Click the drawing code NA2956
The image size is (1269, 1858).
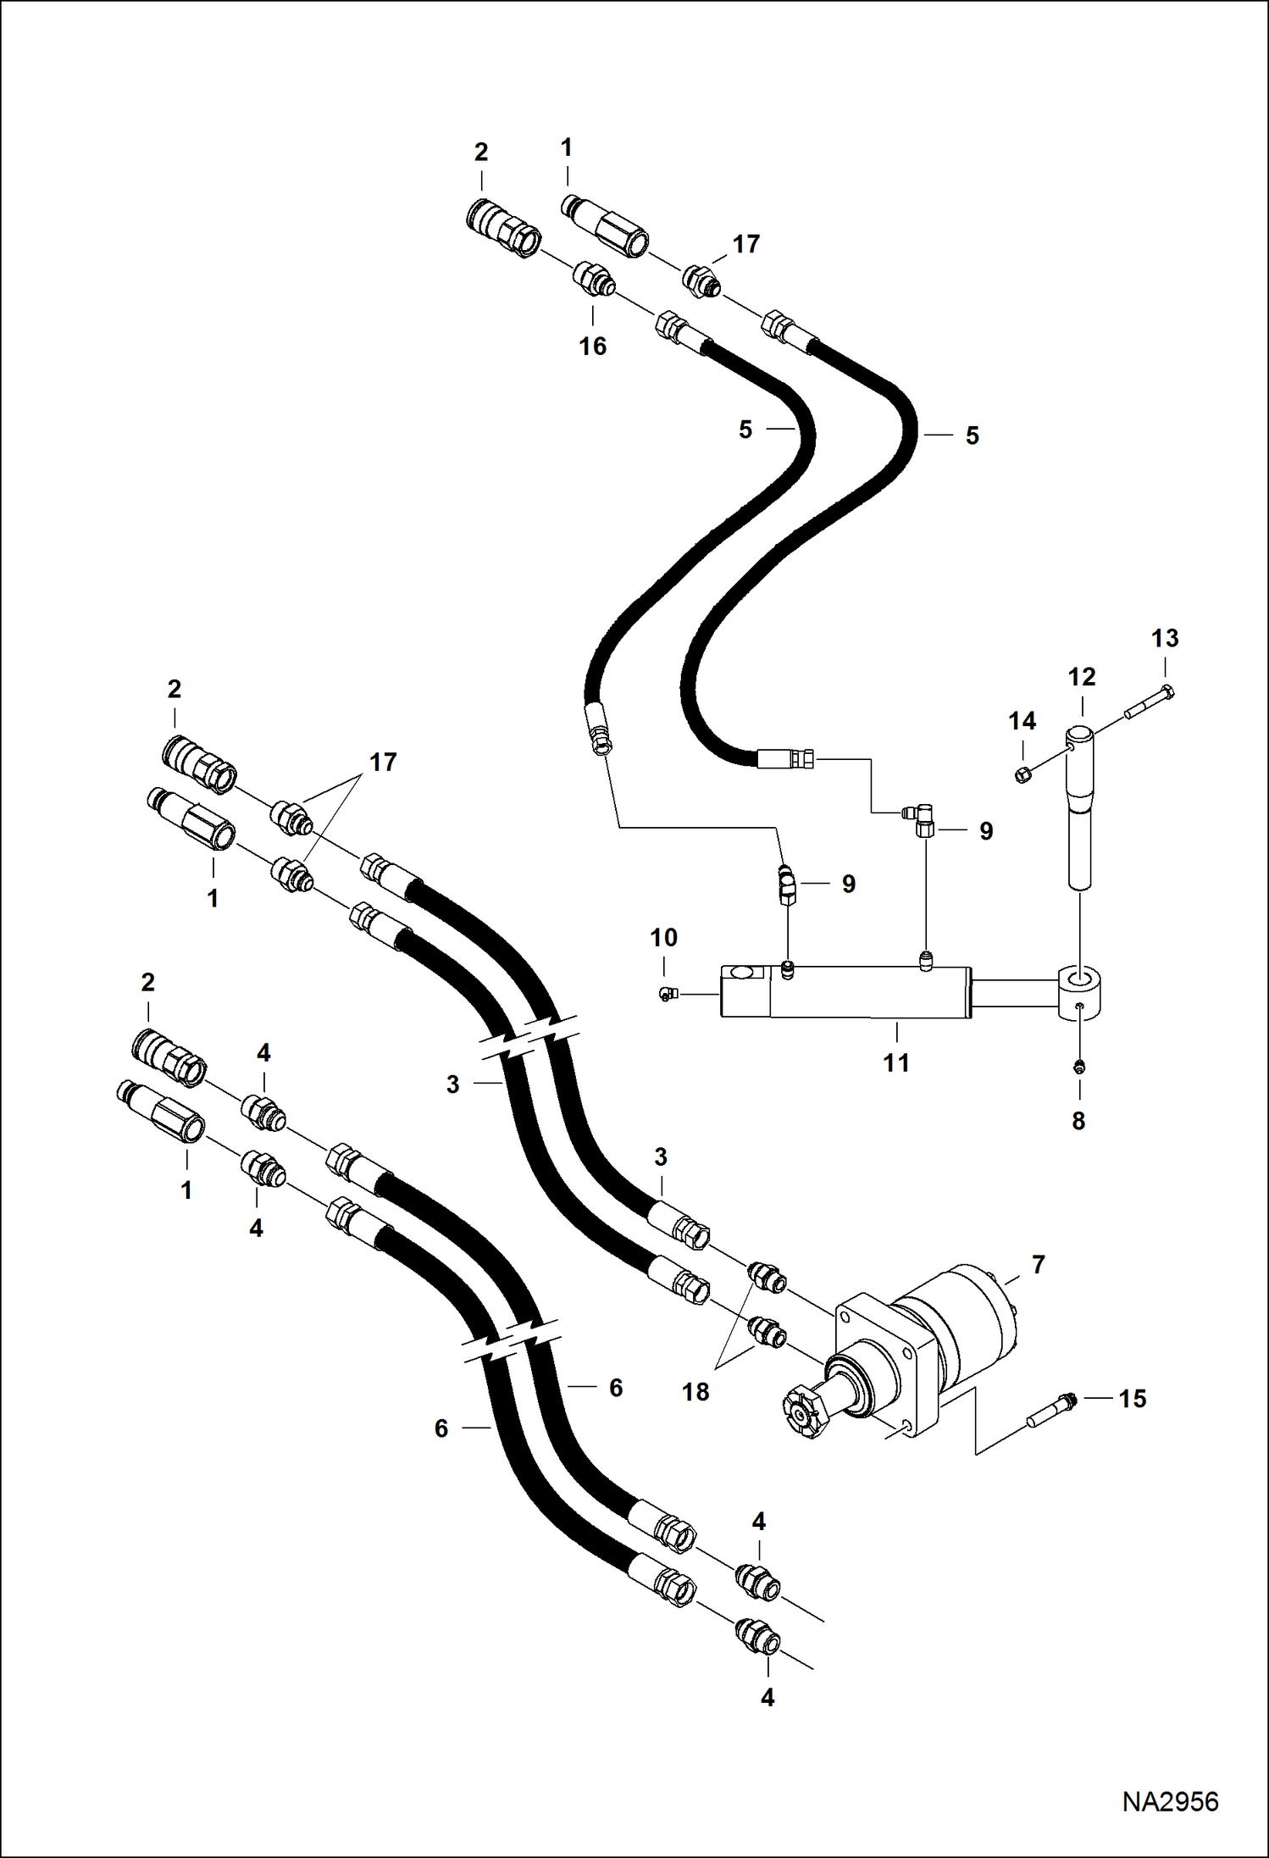[1170, 1800]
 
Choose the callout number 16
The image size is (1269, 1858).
[592, 346]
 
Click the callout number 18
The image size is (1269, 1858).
[695, 1391]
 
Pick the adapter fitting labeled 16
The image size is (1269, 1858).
[594, 279]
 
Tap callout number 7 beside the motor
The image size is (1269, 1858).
[1039, 1265]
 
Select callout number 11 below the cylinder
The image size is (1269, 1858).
[896, 1062]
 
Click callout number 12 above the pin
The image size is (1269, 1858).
[1082, 677]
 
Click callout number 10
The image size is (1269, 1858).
[663, 937]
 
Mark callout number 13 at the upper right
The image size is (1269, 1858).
[1165, 638]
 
